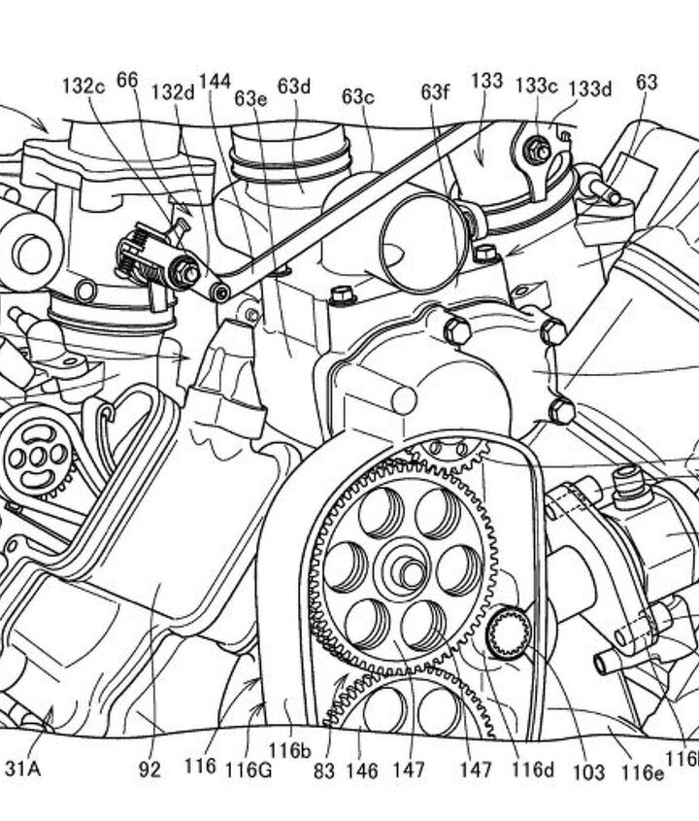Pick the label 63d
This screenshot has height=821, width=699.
(293, 86)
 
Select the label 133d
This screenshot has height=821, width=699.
(590, 89)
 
